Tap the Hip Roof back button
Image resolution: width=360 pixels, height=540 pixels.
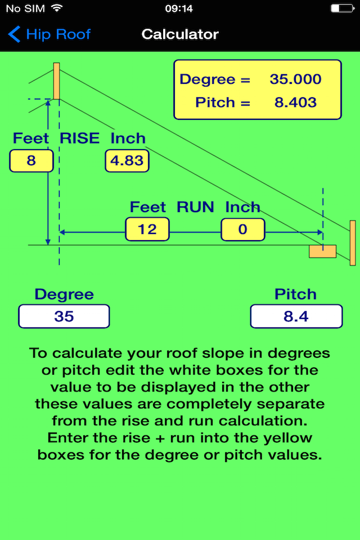49,34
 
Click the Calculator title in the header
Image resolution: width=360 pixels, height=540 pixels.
180,34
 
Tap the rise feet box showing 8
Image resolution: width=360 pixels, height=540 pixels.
31,161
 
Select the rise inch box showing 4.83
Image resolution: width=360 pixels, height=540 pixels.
127,161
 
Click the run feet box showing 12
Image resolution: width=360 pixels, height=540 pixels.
147,229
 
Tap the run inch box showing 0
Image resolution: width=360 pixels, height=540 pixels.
243,229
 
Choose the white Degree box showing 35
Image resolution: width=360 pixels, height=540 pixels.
64,316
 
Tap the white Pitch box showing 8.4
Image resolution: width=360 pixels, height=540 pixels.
296,316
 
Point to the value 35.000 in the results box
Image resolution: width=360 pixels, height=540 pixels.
295,79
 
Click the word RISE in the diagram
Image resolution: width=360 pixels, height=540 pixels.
79,138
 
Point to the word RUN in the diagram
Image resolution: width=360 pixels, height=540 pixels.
195,207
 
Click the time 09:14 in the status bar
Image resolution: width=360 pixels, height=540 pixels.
179,8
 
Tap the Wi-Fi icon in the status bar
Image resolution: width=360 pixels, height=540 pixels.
56,8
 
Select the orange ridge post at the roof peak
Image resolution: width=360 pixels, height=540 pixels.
56,81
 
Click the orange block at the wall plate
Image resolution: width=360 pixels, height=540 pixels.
322,251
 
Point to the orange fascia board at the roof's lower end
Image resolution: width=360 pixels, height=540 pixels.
353,243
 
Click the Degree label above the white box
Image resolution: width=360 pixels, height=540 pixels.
64,294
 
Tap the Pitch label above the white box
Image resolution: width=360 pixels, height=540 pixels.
295,294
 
